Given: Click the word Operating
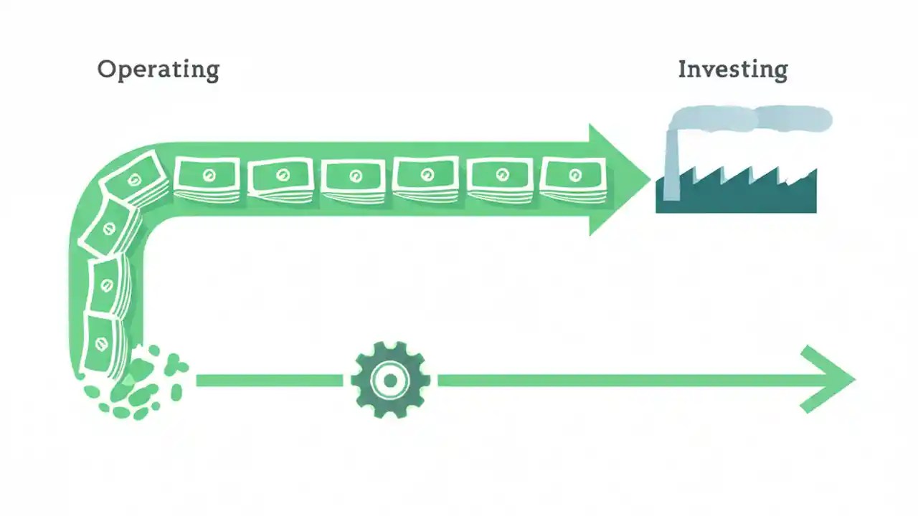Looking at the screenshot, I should (158, 70).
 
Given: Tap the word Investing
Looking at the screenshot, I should (732, 70).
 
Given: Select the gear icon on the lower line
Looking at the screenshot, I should (390, 380).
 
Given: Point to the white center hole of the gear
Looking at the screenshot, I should (390, 380).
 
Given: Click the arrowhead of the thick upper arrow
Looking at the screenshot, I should (617, 179).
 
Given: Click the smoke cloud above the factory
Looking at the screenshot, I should (753, 119).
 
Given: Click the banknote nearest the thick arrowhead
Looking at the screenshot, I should (574, 177).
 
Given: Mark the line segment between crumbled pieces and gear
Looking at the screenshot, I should (269, 380).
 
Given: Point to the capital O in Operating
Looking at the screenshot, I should (107, 70).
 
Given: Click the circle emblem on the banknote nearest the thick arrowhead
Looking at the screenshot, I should (574, 175).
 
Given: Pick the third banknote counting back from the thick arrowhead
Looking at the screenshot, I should (427, 177).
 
